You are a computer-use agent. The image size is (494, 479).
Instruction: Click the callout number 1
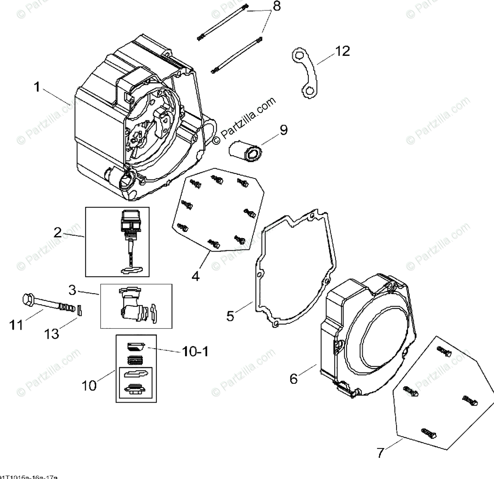pyautogui.click(x=37, y=87)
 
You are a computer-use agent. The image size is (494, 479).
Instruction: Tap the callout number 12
pyautogui.click(x=342, y=51)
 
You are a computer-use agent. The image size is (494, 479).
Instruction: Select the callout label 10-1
pyautogui.click(x=195, y=352)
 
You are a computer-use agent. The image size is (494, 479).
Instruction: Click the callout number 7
pyautogui.click(x=380, y=453)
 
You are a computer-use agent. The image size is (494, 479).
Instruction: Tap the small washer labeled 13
pyautogui.click(x=82, y=310)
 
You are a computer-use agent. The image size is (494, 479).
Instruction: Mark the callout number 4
pyautogui.click(x=196, y=276)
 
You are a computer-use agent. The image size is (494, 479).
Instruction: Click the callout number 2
pyautogui.click(x=58, y=232)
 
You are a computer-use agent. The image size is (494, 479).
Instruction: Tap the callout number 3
pyautogui.click(x=73, y=289)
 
